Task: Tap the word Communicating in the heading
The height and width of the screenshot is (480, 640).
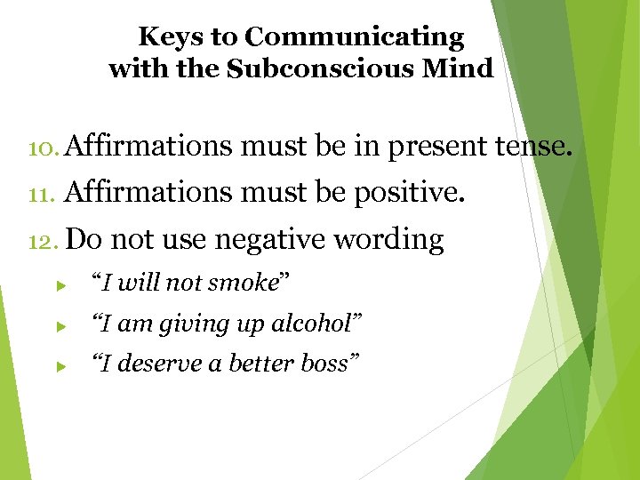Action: click(x=354, y=37)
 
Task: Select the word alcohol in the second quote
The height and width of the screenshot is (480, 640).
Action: click(x=312, y=324)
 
